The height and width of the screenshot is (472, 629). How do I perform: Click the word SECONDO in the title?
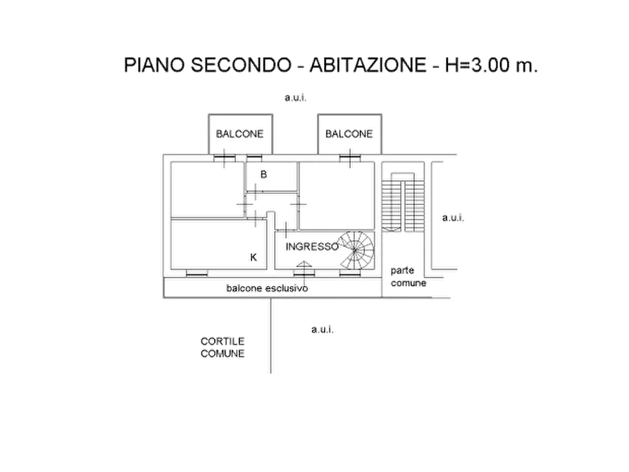click(241, 65)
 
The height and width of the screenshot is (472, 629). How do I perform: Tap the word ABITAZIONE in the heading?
click(368, 65)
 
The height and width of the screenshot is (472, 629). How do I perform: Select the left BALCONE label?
click(240, 134)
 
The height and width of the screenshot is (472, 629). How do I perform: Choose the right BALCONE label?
click(349, 134)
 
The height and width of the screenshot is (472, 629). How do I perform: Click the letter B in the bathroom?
click(263, 174)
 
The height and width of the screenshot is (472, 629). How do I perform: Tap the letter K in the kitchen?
click(254, 257)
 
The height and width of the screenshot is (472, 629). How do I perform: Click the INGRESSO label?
click(312, 247)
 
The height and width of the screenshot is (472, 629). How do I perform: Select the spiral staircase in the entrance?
click(356, 249)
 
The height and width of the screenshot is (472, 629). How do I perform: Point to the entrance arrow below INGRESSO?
click(304, 264)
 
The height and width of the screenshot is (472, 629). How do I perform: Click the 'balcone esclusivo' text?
click(267, 288)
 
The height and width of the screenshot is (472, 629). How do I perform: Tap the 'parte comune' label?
click(409, 277)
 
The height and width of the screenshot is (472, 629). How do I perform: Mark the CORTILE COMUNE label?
click(223, 347)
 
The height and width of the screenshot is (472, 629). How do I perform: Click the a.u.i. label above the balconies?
click(296, 97)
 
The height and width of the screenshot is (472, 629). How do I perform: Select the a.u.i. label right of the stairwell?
click(454, 218)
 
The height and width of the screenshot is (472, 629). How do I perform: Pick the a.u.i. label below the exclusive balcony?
click(323, 330)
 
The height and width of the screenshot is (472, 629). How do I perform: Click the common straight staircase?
click(403, 202)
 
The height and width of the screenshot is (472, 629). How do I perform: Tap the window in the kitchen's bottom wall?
click(197, 273)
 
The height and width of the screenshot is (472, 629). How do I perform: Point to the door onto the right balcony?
click(350, 158)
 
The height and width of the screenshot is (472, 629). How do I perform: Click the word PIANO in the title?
click(154, 65)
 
